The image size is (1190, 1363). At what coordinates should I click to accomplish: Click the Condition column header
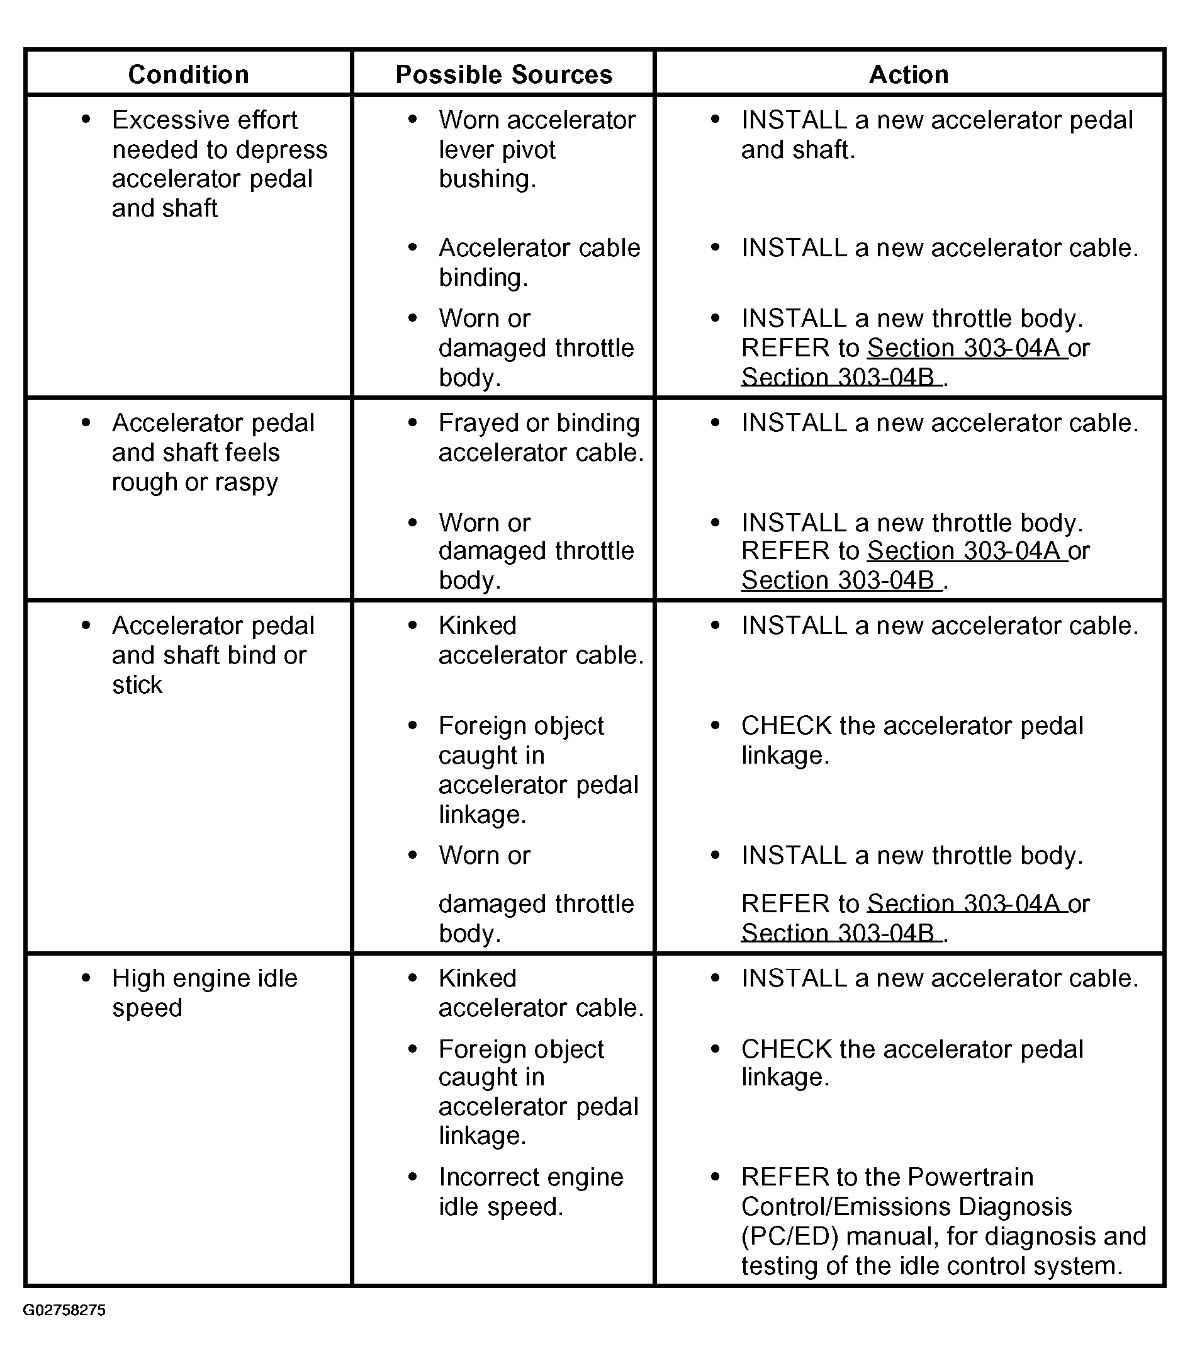[x=189, y=74]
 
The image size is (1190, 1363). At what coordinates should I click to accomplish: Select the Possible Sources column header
[x=503, y=74]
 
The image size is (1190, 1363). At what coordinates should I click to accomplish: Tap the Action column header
[x=909, y=74]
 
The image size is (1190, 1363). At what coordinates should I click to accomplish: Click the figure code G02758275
[x=64, y=1309]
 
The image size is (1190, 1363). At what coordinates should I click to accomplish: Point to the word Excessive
[x=159, y=120]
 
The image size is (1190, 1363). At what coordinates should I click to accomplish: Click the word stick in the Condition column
[x=137, y=684]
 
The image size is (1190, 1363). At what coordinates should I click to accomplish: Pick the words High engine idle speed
[x=205, y=992]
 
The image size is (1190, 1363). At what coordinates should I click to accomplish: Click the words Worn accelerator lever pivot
[x=537, y=135]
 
